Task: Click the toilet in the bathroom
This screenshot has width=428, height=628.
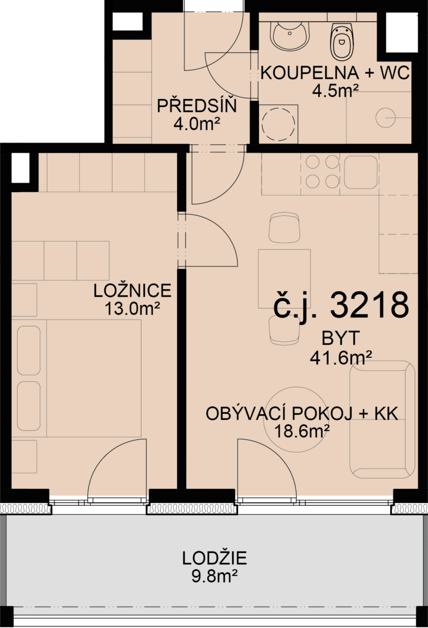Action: coord(342,41)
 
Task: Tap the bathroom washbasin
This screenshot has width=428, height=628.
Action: coord(290,36)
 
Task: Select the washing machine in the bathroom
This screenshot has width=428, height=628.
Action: coord(279,124)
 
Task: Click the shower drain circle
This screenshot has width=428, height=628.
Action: coord(386,118)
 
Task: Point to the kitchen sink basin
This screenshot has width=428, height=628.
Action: coord(361,172)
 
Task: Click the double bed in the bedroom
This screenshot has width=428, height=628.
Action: coord(79,378)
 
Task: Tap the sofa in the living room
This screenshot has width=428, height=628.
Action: coord(382,419)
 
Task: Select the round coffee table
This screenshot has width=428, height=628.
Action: coord(296,419)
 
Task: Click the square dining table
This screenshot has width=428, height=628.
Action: coord(284,279)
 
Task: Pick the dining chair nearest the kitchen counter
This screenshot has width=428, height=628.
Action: coord(284,227)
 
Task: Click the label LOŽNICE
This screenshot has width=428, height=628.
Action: coord(133,291)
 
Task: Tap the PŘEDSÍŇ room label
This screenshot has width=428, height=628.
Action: coord(197,106)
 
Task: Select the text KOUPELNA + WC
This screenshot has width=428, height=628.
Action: coord(335,73)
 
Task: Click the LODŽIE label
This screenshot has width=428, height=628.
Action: coord(215,558)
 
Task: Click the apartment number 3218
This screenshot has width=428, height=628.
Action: coord(369,305)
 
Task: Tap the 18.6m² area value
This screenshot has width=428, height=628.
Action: coord(302,432)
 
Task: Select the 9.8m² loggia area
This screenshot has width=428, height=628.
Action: coord(215,576)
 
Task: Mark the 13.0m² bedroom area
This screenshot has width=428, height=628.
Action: coord(133,309)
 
